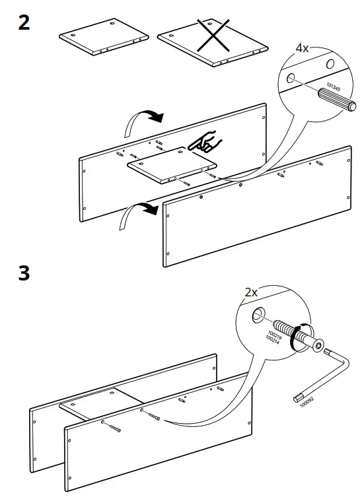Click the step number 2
(23, 24)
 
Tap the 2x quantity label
(252, 292)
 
